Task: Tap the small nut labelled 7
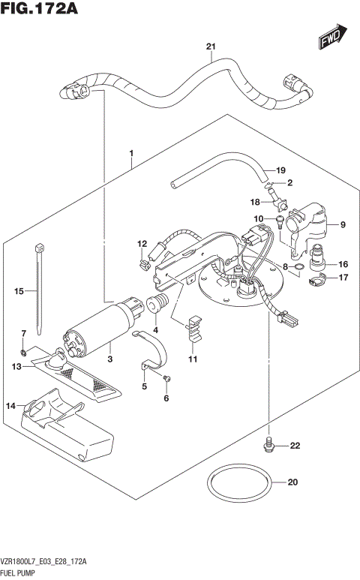click(x=24, y=352)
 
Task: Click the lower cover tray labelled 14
click(x=67, y=424)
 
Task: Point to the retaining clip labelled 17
click(x=318, y=282)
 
